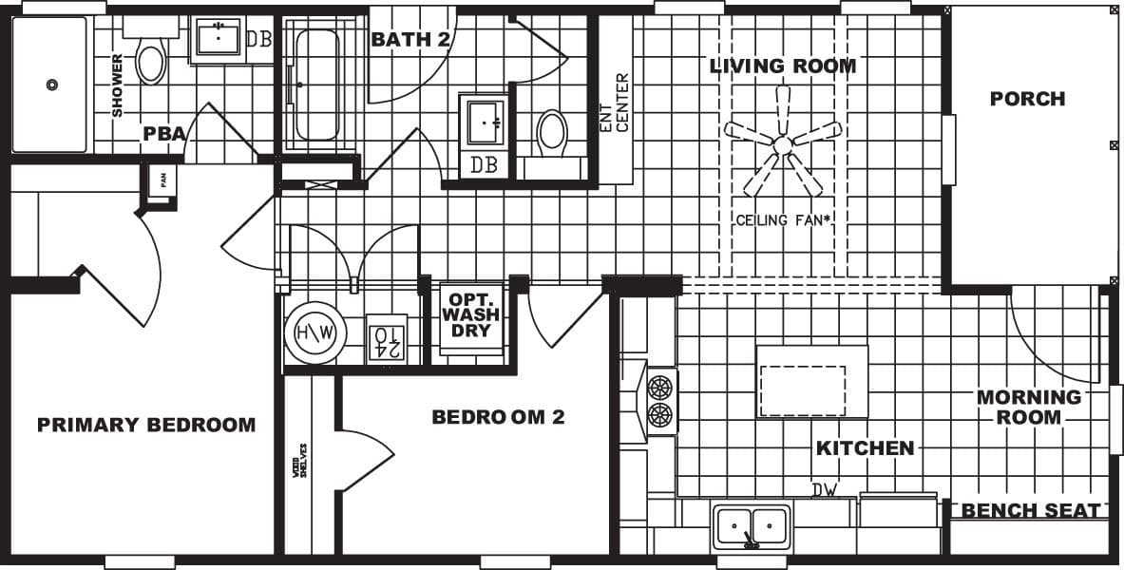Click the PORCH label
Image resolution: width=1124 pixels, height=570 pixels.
(x=1027, y=99)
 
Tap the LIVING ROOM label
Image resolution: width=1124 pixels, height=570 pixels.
(x=783, y=66)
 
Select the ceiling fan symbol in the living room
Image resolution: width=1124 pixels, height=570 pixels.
(x=783, y=145)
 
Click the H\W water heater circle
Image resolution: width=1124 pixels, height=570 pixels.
(x=314, y=333)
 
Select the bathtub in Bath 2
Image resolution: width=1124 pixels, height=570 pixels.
(x=315, y=85)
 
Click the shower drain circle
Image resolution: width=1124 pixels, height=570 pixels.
(x=52, y=85)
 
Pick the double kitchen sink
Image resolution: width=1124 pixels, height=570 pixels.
(x=752, y=524)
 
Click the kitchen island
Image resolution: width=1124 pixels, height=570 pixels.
(x=811, y=381)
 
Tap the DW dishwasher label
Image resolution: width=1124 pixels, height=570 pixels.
(x=824, y=489)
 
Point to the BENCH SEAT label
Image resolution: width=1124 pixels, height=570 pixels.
(x=1031, y=511)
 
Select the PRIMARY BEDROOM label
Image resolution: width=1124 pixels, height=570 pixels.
(x=146, y=425)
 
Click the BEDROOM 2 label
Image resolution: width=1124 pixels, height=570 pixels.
(x=498, y=416)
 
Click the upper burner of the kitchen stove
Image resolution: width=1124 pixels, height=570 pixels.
(x=659, y=386)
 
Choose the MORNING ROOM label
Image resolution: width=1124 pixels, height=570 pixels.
(x=1029, y=407)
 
